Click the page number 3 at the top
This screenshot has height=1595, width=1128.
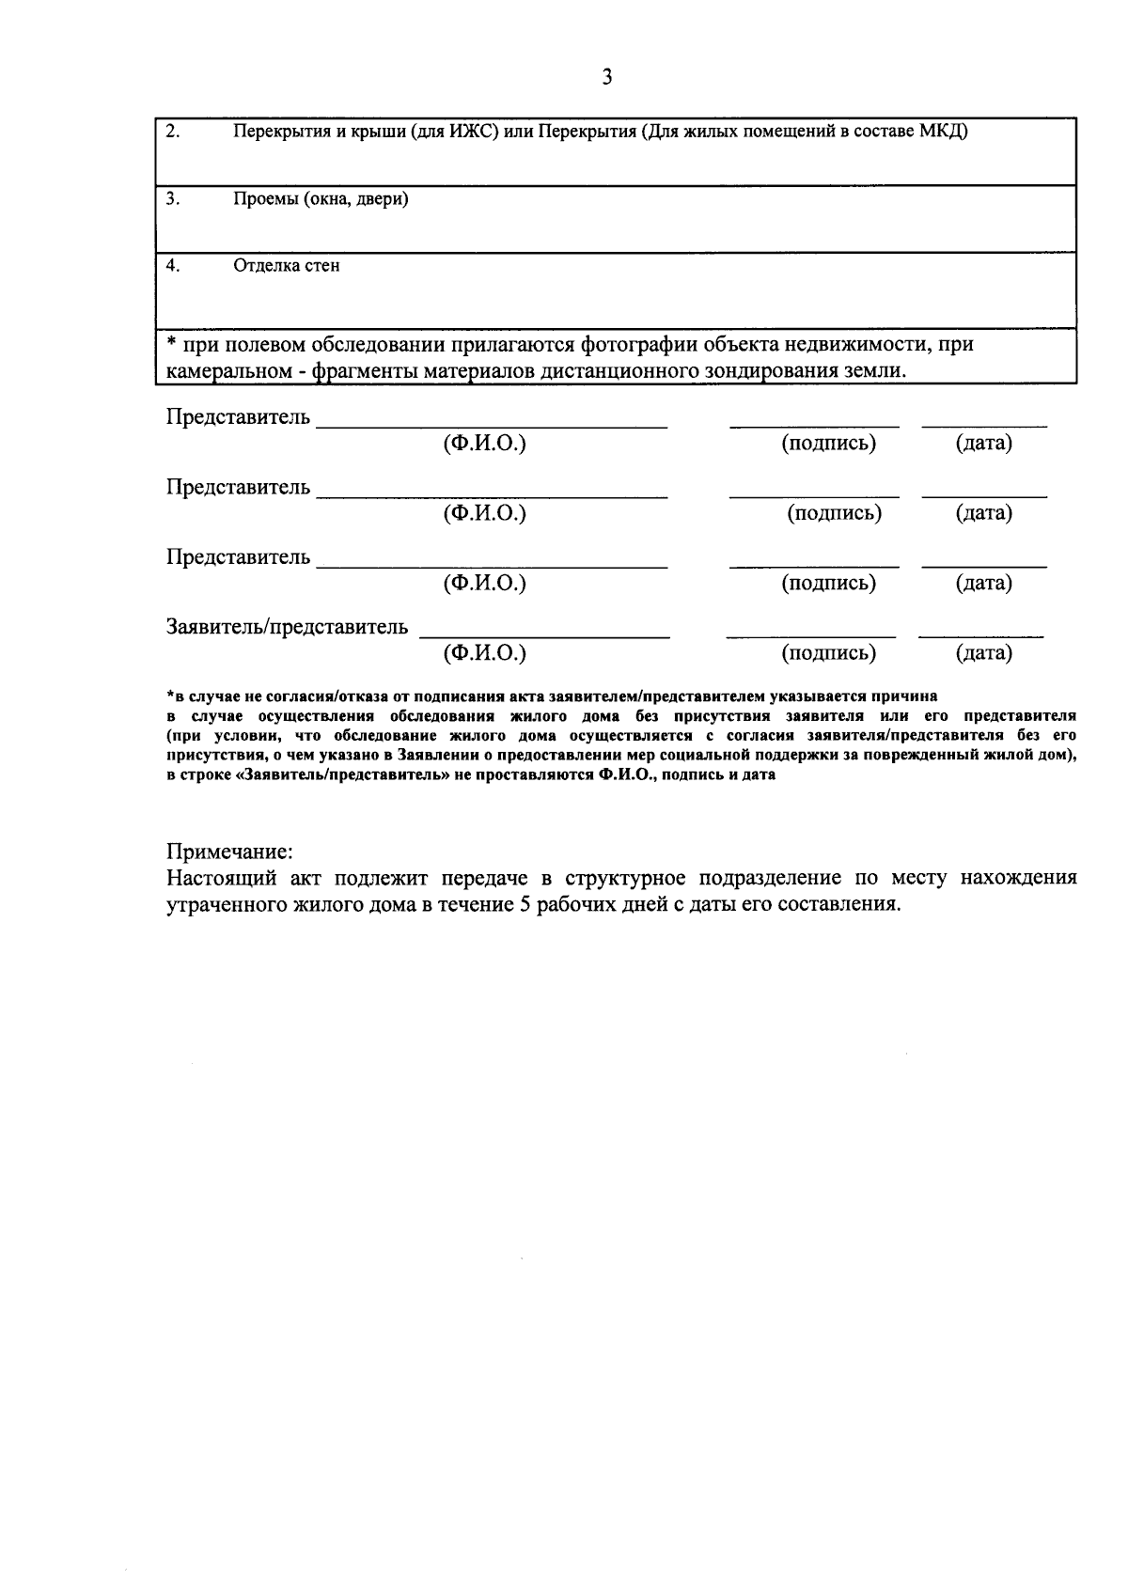click(606, 78)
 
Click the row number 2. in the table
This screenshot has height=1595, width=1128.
click(172, 131)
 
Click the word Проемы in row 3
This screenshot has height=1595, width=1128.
click(265, 199)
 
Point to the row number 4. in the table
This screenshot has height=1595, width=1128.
click(172, 265)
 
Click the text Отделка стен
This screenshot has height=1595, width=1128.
click(287, 266)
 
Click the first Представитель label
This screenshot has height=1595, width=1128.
click(238, 417)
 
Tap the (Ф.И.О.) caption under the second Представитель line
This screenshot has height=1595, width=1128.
click(484, 513)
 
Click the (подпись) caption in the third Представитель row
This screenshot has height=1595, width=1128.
click(828, 583)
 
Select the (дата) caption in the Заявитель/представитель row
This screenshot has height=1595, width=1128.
click(983, 653)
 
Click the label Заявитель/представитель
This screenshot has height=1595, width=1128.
click(287, 627)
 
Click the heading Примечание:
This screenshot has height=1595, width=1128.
click(230, 852)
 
